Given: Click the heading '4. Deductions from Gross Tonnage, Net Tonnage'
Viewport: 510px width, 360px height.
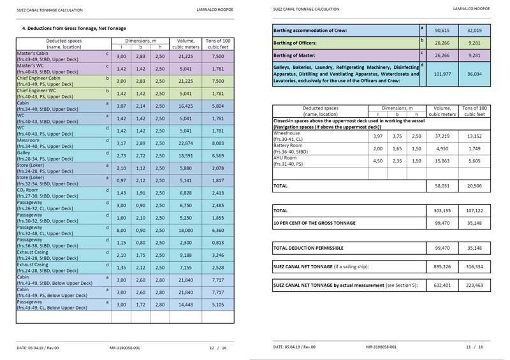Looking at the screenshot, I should [x=73, y=29].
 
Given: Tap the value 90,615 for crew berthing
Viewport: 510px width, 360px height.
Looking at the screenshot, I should [x=442, y=30].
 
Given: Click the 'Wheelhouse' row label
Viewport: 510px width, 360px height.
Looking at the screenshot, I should [x=288, y=134].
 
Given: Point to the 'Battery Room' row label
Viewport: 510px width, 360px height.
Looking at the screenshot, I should [x=290, y=146].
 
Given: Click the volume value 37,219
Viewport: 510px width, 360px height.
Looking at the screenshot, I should [x=442, y=136].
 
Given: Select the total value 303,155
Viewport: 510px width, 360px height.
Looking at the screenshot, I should [x=442, y=210].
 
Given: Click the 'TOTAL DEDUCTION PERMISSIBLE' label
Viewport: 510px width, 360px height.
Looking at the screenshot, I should [x=308, y=247].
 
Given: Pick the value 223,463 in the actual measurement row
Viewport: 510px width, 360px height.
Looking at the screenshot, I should [x=473, y=285].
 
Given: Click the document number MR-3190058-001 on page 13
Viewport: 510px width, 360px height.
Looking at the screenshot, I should [x=381, y=347].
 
